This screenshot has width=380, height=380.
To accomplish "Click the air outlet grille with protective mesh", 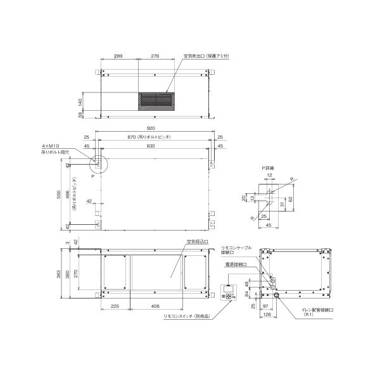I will point(155,100).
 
